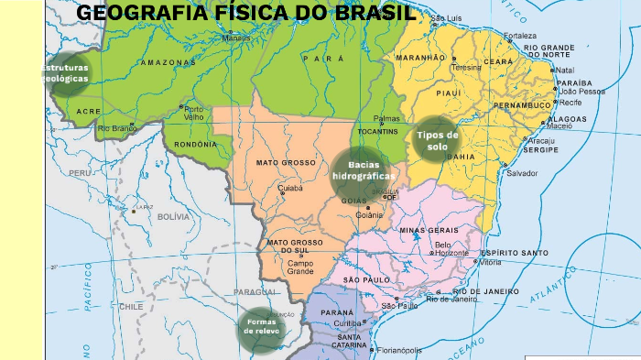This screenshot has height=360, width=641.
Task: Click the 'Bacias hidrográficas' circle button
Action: pos(363,170)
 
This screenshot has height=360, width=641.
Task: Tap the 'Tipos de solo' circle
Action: pos(437,140)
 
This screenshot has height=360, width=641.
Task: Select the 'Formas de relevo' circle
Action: pos(261,326)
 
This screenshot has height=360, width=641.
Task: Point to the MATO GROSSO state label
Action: pos(285,162)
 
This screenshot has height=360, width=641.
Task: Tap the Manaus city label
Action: pos(237,39)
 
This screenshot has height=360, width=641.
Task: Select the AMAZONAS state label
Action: pos(168,62)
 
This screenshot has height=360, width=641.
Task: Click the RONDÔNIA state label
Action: pos(196,144)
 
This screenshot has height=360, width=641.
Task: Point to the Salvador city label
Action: pos(522,173)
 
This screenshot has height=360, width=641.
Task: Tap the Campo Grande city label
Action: pos(299,267)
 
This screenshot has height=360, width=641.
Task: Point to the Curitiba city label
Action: pos(348,323)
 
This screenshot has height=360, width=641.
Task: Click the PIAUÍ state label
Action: pos(448,93)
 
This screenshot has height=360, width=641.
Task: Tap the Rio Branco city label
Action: pos(116,129)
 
